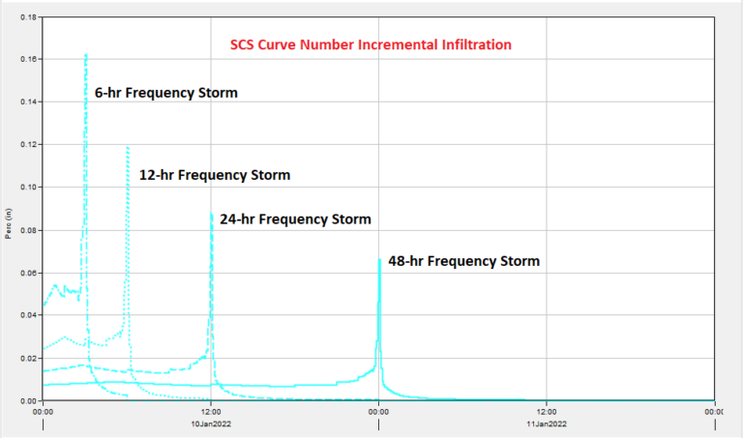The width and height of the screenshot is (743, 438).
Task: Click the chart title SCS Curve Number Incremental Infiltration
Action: tap(371, 44)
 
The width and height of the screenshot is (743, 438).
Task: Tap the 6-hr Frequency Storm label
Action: tap(165, 93)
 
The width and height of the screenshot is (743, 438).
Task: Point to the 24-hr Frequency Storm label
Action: tap(295, 219)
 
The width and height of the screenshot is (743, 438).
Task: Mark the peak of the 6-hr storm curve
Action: tap(86, 55)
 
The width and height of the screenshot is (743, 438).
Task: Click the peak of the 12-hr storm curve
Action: tap(127, 147)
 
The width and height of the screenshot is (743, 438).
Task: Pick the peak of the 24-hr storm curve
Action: tap(211, 213)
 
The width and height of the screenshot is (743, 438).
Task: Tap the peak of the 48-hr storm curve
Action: tap(379, 259)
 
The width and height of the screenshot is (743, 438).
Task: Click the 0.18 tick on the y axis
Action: tap(27, 17)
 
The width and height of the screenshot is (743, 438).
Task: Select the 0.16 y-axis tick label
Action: tap(27, 60)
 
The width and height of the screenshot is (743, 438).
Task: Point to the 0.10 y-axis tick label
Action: tap(27, 188)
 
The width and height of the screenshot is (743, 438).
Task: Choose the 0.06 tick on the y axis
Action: tap(27, 273)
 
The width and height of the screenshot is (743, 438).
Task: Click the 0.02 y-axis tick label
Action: tap(27, 358)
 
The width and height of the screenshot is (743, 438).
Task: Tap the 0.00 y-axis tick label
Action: tap(27, 400)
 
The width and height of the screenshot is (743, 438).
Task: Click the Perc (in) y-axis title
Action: tap(9, 223)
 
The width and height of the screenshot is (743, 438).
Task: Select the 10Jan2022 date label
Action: tap(211, 423)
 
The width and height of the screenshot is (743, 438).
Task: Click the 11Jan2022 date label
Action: tap(547, 423)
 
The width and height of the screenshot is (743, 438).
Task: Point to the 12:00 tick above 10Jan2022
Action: tap(211, 410)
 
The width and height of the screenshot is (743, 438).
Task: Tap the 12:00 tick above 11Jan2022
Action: tap(547, 410)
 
